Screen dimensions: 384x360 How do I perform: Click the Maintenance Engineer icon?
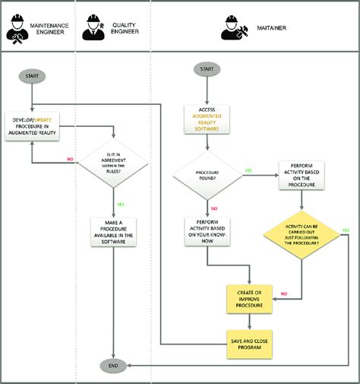16,28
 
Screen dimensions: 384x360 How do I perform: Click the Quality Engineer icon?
93,28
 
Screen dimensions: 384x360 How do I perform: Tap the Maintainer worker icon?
233,28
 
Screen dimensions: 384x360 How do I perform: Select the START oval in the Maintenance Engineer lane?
31,76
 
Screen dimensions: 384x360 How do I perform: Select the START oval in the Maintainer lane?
207,70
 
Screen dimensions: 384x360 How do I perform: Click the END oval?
113,366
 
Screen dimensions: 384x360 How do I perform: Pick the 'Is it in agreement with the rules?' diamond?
113,162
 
